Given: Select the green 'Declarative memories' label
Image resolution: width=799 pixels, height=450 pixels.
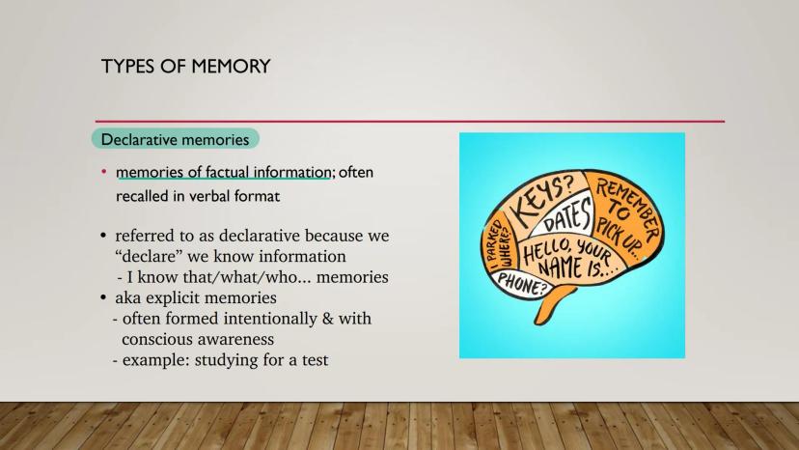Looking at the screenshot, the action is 176,139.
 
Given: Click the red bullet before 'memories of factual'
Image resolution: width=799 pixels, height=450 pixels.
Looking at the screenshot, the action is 104,172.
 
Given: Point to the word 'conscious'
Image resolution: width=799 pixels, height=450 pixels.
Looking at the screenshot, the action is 157,339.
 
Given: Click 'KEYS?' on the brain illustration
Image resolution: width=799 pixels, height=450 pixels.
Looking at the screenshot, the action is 541,201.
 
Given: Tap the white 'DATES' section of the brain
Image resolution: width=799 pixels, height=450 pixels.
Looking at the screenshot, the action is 567,216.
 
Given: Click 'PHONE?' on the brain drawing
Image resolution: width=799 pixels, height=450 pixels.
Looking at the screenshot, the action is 521,283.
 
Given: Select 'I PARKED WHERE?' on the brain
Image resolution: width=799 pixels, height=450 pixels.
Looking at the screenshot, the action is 500,244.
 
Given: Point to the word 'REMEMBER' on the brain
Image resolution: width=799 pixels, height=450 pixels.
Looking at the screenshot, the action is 628,211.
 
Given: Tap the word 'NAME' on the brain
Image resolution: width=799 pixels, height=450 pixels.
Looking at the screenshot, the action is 560,267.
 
